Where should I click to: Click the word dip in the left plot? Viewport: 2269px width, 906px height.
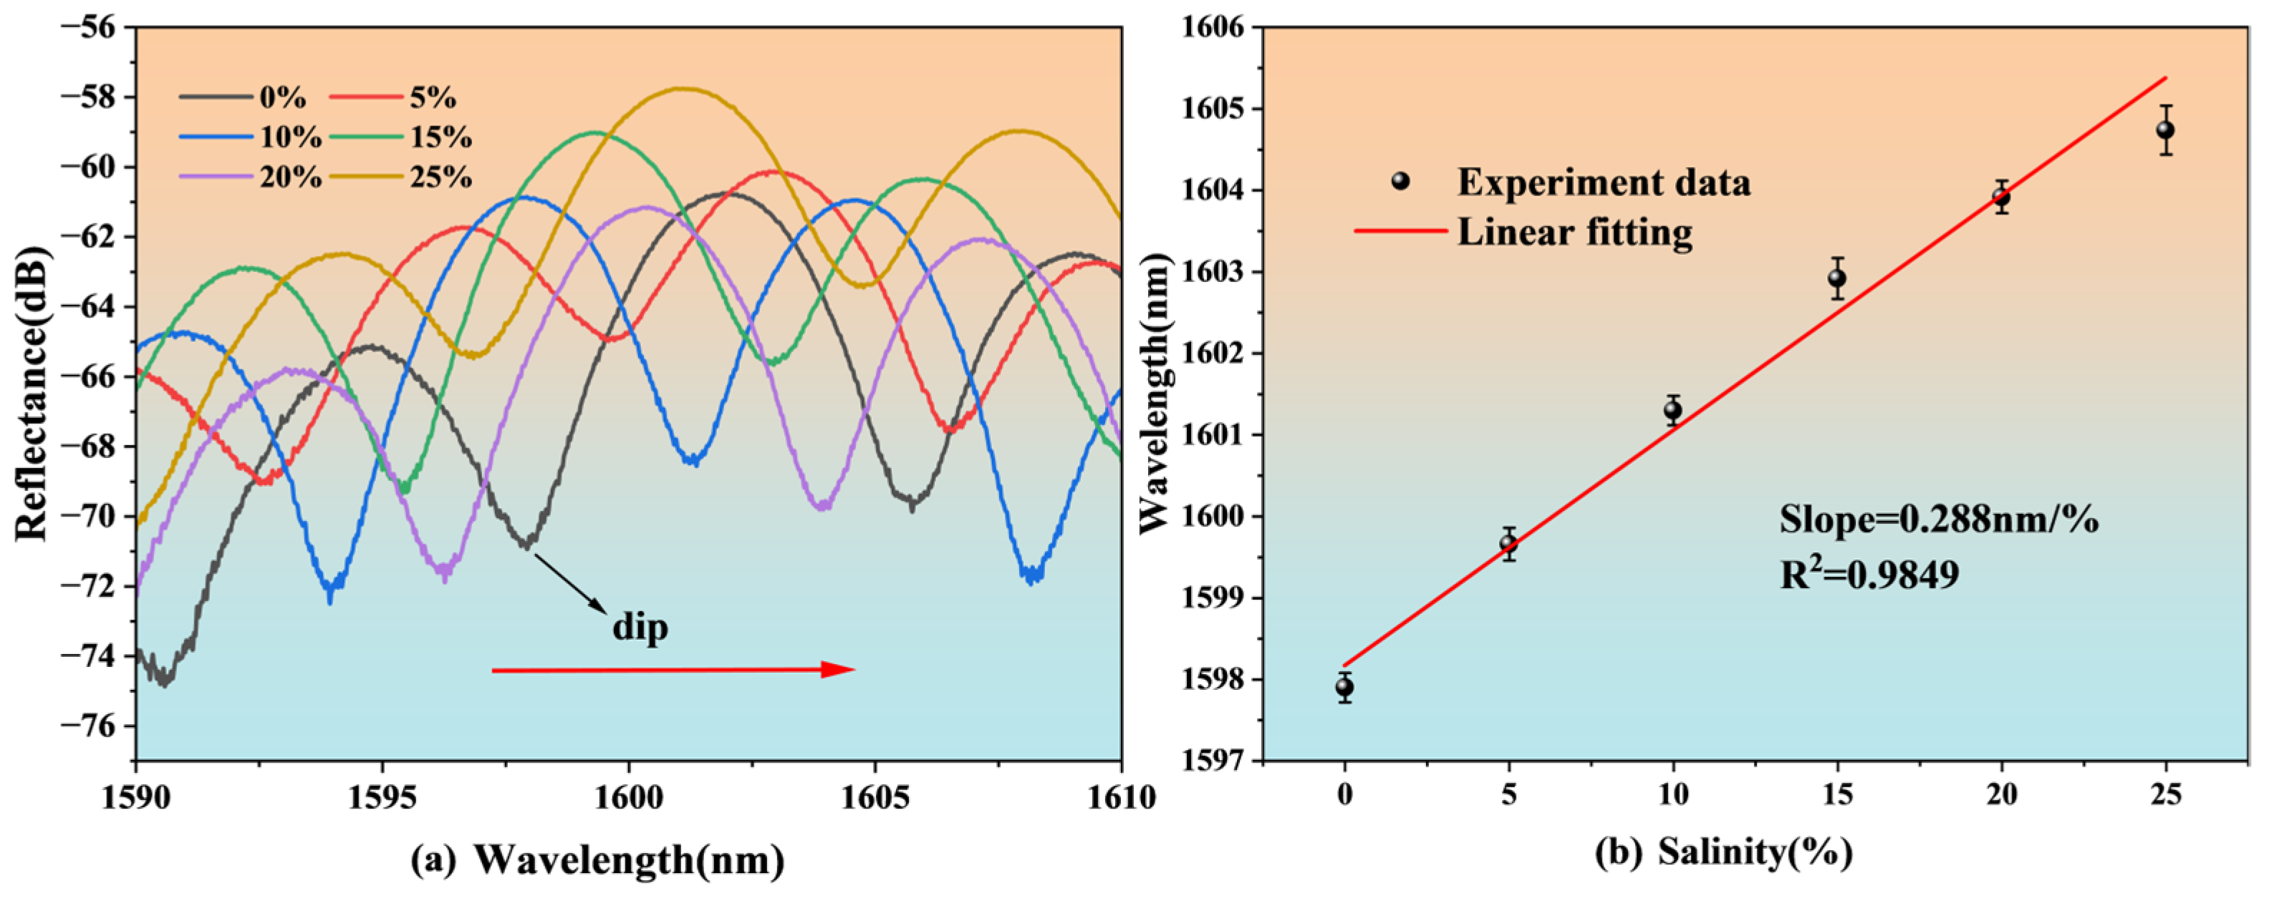pyautogui.click(x=640, y=628)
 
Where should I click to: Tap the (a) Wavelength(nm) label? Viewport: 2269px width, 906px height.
pyautogui.click(x=598, y=859)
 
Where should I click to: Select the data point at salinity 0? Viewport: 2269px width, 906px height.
pyautogui.click(x=1344, y=688)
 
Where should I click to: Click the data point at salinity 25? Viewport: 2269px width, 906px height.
pyautogui.click(x=2165, y=130)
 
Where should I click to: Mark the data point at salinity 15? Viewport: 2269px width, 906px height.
pyautogui.click(x=1836, y=278)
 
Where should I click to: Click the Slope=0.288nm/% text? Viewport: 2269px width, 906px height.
pyautogui.click(x=1939, y=520)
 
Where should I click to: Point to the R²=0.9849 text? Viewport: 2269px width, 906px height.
pyautogui.click(x=1869, y=575)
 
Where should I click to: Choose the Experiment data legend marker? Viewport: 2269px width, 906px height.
pyautogui.click(x=1400, y=181)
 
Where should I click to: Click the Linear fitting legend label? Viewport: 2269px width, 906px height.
pyautogui.click(x=1575, y=233)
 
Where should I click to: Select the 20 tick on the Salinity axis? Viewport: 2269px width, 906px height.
pyautogui.click(x=2001, y=797)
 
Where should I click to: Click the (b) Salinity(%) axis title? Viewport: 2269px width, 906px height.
pyautogui.click(x=1724, y=852)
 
